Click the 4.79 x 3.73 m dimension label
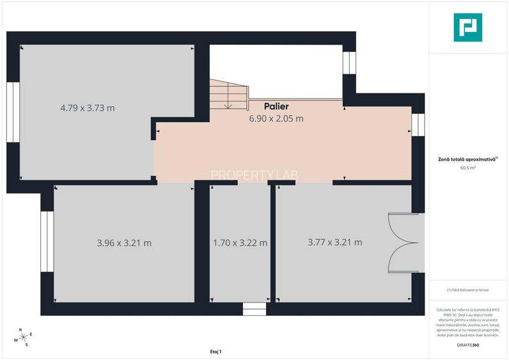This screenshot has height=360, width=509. (x=88, y=108)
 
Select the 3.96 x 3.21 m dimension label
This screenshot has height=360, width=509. (x=124, y=243)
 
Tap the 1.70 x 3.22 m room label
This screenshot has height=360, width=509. (x=240, y=243)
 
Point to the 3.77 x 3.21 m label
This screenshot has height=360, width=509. (x=334, y=242)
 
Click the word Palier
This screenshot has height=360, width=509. (x=276, y=106)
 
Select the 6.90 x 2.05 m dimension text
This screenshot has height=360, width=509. (x=276, y=118)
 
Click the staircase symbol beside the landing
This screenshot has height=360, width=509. (x=227, y=95)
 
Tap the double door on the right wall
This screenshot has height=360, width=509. (x=407, y=243)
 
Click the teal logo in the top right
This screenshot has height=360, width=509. (x=469, y=28)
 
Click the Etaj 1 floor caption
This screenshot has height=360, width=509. (x=215, y=352)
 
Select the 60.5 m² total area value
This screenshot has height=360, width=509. (x=468, y=168)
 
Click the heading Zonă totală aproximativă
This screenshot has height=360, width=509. (x=467, y=159)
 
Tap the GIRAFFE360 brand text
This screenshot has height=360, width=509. (x=468, y=345)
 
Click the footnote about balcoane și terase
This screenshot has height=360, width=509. (x=468, y=290)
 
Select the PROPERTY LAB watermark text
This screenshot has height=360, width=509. (x=254, y=174)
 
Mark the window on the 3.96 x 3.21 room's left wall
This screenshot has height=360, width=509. (x=47, y=242)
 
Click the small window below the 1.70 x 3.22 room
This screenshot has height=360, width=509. (x=254, y=309)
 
